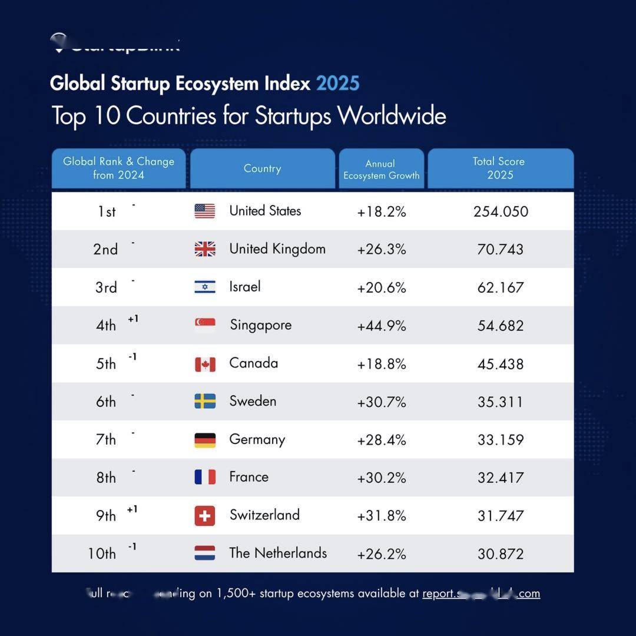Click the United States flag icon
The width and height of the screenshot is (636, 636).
(205, 211)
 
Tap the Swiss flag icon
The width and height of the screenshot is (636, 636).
(205, 516)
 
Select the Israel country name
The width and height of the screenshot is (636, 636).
(245, 287)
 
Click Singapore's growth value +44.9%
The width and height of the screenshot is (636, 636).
(382, 326)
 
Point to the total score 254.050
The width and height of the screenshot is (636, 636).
(501, 211)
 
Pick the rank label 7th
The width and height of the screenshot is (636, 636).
(106, 440)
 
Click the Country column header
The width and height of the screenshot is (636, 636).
(262, 168)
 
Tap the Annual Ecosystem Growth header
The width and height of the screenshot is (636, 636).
(382, 169)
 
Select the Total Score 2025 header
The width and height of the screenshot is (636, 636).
(500, 168)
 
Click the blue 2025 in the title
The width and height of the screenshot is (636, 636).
(337, 84)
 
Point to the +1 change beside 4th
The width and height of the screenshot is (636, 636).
(133, 319)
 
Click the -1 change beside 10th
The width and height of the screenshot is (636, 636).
(132, 547)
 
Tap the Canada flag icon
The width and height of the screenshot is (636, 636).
(205, 364)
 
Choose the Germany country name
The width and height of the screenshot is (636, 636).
(257, 440)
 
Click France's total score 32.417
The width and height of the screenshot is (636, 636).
(501, 478)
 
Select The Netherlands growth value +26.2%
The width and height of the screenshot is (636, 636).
(382, 554)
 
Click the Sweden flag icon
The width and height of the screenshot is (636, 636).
(205, 402)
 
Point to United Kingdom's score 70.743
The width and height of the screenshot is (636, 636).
(501, 249)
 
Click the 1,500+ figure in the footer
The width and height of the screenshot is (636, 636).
(236, 594)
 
